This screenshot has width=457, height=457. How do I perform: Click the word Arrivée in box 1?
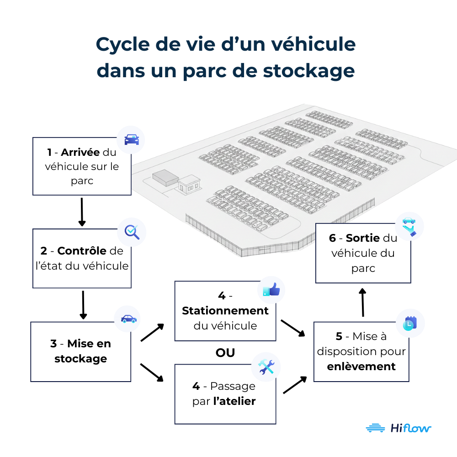80,152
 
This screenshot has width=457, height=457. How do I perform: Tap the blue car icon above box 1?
131,139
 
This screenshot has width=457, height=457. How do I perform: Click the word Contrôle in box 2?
82,251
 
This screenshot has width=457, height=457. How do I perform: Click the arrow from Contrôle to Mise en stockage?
83,305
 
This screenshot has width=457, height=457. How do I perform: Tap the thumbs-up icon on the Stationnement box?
271,290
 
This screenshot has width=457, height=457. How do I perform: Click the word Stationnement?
225,311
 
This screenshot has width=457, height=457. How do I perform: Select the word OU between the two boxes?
225,353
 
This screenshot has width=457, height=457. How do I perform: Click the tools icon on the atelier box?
266,367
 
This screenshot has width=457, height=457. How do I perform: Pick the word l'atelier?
234,401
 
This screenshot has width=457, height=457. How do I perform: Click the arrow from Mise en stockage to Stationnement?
152,333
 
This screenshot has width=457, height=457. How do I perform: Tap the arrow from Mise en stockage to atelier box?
152,372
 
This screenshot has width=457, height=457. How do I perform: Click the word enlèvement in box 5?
361,367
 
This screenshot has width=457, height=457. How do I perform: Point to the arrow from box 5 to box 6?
363,303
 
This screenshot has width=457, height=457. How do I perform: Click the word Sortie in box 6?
363,238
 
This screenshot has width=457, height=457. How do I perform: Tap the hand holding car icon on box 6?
409,226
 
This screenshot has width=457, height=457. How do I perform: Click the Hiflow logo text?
411,428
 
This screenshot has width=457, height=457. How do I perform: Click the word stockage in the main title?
304,71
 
